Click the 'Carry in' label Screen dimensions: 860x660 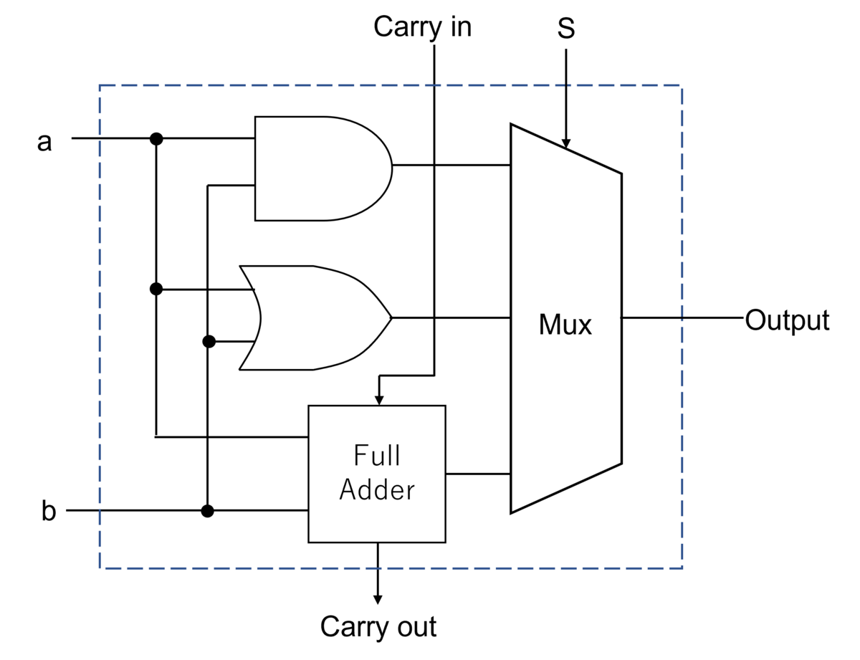422,27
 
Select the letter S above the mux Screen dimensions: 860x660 566,28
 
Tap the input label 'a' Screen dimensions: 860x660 44,142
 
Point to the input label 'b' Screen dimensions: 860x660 49,511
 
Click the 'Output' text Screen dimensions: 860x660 787,320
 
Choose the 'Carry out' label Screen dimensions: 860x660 378,627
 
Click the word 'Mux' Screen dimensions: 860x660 565,325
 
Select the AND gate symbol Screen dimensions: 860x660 323,168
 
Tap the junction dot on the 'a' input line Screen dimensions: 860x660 156,139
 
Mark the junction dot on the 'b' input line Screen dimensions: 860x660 207,511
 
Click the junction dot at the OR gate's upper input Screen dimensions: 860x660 156,290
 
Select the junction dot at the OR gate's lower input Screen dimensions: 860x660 209,341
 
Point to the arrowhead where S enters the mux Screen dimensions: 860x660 566,143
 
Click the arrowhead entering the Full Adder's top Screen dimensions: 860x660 379,400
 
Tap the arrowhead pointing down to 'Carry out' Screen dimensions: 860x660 378,600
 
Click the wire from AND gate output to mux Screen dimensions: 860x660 451,165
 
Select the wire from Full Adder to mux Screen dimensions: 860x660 478,474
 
